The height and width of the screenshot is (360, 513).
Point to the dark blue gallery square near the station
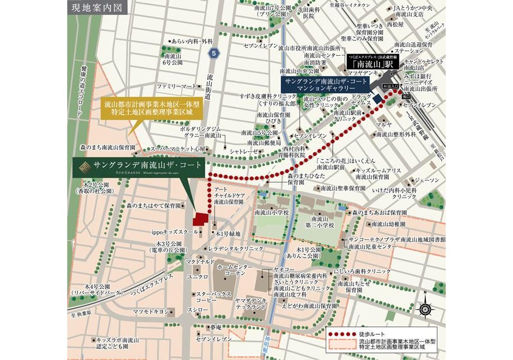377,99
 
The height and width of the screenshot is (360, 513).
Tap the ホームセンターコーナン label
235,271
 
